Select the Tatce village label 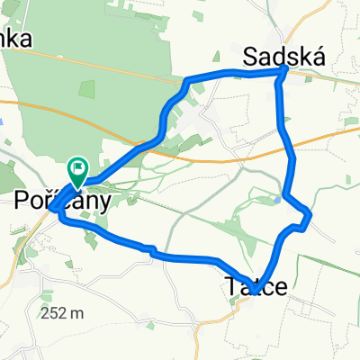[x=256, y=288]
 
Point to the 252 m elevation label [x=63, y=314]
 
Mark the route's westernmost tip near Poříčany [x=52, y=208]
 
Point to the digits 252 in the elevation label [x=56, y=314]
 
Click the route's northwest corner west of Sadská [x=187, y=82]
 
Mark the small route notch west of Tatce [x=153, y=250]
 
